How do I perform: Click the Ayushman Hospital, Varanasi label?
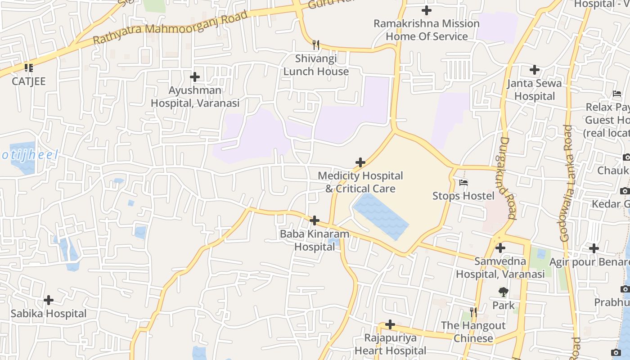(x=195, y=97)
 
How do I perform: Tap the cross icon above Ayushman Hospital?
(x=195, y=77)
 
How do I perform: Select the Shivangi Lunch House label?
(x=316, y=65)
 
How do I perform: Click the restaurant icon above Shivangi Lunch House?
(x=316, y=45)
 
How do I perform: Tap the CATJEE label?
(x=29, y=81)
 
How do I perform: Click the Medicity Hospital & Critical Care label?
(x=360, y=182)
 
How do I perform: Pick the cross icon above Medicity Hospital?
(x=360, y=162)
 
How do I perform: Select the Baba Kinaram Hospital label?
(x=315, y=240)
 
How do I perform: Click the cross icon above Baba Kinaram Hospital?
(x=315, y=220)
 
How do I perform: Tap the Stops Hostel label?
(x=463, y=196)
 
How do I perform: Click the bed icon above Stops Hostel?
(x=463, y=183)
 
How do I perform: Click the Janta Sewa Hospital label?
(x=535, y=90)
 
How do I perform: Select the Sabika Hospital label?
(x=49, y=314)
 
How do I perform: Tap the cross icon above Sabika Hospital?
(x=49, y=300)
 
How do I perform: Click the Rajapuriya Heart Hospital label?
(x=390, y=344)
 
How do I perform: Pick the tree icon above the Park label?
(x=503, y=292)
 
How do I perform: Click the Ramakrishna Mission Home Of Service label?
(x=427, y=30)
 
